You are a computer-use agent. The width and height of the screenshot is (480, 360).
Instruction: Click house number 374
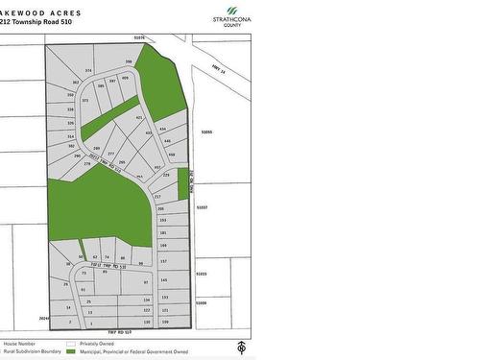[x=88, y=71]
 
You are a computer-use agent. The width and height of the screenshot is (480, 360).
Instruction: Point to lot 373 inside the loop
[x=85, y=100]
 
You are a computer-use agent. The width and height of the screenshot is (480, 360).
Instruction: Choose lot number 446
[x=167, y=141]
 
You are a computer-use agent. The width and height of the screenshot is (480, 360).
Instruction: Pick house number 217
[x=157, y=195]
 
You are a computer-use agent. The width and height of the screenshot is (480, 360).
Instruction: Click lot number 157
[x=163, y=261]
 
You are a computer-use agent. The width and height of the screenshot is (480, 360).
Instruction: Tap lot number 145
[x=164, y=280]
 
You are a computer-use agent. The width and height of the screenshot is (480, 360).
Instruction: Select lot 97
[x=145, y=283]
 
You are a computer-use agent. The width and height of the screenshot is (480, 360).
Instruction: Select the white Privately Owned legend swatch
[x=70, y=342]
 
